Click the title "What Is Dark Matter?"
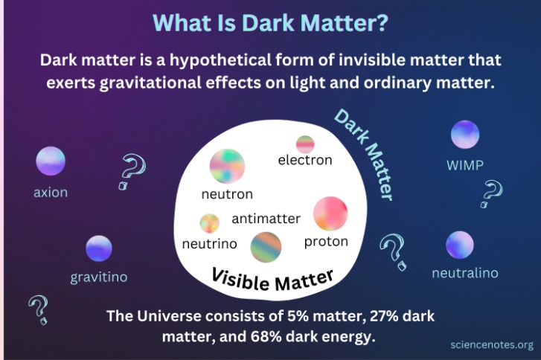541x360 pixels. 270,22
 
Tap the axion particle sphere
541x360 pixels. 51,161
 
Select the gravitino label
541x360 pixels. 99,277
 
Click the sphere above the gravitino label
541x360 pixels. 99,248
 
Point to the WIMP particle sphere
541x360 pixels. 465,134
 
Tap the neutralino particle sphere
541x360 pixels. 460,245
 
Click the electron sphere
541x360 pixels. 305,144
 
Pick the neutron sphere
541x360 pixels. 227,167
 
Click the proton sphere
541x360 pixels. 330,213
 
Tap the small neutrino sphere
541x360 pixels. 209,223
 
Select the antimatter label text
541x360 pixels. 266,219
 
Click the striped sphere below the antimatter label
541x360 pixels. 266,248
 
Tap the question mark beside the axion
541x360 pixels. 131,173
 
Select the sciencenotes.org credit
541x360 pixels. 492,344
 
